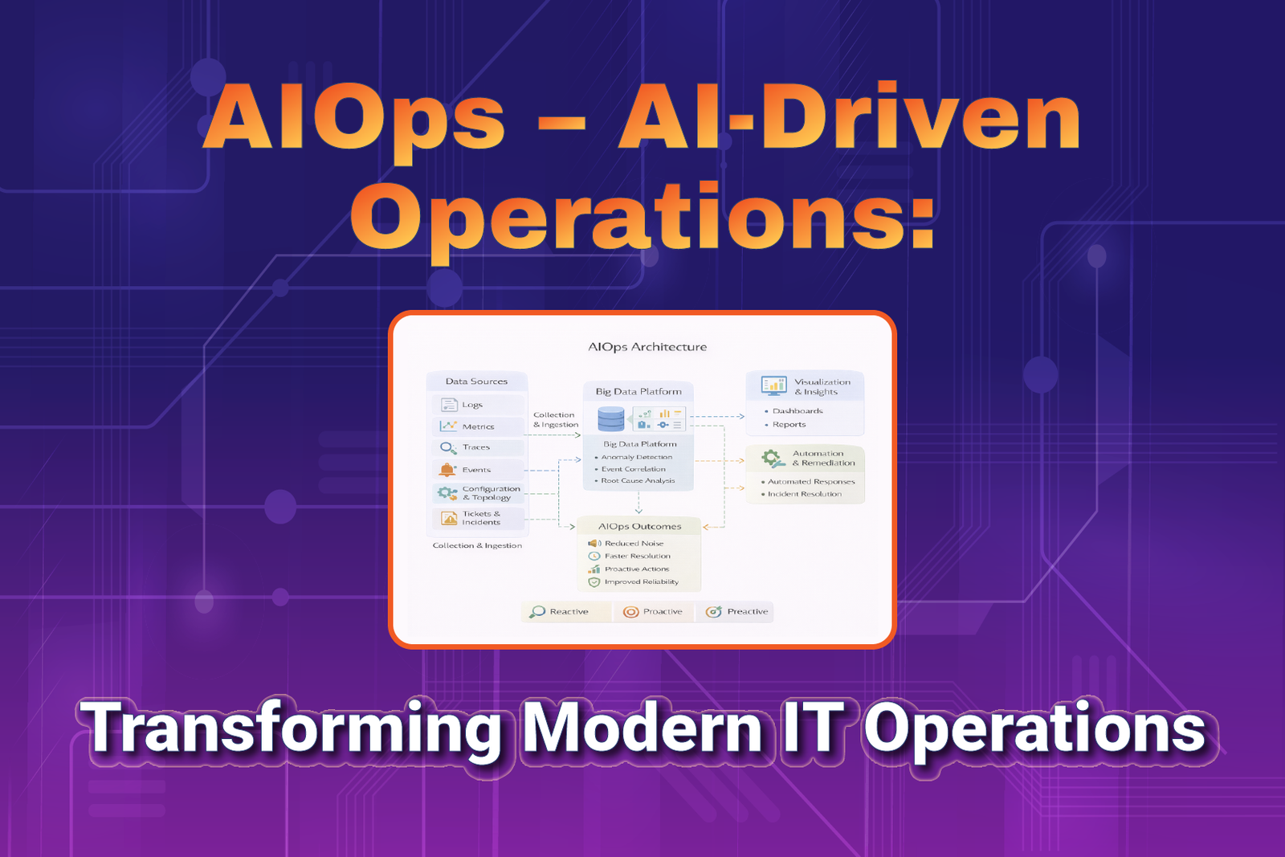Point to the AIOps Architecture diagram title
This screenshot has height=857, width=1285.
[647, 346]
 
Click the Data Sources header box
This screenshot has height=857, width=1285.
[477, 381]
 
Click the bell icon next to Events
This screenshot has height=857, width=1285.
[447, 469]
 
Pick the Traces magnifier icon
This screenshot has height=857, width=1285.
[448, 447]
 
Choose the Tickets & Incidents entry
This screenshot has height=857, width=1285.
[478, 518]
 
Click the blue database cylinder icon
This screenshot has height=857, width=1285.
[611, 418]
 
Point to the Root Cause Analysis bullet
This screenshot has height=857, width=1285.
[634, 480]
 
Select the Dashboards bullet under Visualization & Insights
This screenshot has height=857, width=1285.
[794, 410]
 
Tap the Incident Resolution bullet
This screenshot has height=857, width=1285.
[802, 494]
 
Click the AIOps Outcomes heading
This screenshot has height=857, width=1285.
[639, 526]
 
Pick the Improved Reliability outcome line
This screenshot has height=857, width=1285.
[634, 582]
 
